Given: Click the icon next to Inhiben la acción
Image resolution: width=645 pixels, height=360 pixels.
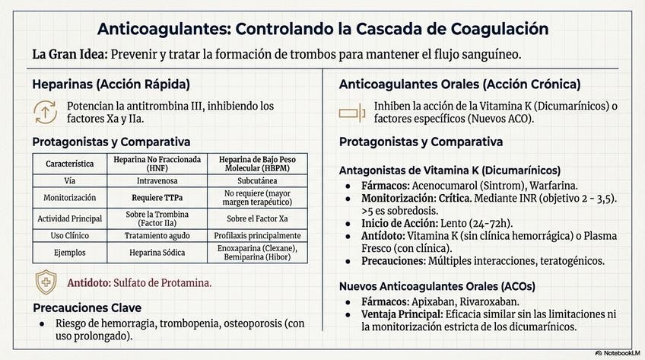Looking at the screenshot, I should pyautogui.click(x=352, y=112).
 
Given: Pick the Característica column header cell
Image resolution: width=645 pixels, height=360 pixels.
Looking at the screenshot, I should pyautogui.click(x=70, y=164).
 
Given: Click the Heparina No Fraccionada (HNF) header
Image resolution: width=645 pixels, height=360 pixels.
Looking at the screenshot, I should pyautogui.click(x=157, y=164).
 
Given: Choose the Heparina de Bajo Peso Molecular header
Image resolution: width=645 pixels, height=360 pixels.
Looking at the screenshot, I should pyautogui.click(x=256, y=164).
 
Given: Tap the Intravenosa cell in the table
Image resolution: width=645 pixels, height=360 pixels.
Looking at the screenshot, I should pyautogui.click(x=157, y=181).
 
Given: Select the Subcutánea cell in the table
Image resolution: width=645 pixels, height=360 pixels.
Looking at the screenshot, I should pyautogui.click(x=256, y=181).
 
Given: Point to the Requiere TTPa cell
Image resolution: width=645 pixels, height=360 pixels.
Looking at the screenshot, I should pyautogui.click(x=157, y=198).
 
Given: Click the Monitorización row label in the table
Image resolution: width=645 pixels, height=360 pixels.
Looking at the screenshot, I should pyautogui.click(x=70, y=198).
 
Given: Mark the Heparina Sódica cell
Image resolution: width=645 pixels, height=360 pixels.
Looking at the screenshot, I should pyautogui.click(x=157, y=253).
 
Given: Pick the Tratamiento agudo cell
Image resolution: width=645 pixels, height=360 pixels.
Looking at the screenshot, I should pyautogui.click(x=157, y=235).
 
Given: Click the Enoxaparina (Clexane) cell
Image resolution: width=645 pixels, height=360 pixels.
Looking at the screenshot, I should pyautogui.click(x=256, y=248).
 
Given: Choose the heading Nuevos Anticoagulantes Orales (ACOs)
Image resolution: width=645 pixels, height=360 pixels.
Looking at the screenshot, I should pyautogui.click(x=437, y=286).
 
